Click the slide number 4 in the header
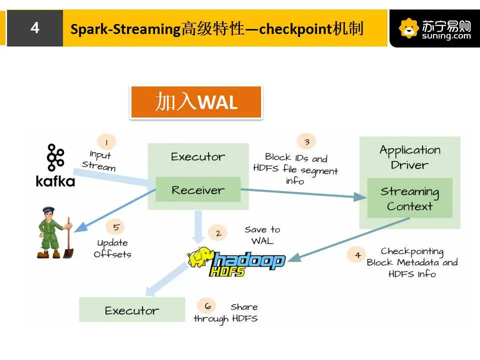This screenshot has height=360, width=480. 35,28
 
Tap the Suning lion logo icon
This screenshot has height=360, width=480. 408,28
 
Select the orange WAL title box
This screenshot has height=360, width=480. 196,102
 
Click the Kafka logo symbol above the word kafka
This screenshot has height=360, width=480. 55,157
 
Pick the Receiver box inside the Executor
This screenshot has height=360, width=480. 198,189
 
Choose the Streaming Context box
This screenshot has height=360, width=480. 409,198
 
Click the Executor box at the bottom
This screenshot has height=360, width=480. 132,309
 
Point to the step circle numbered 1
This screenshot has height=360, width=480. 106,142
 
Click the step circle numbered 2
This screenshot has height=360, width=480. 217,233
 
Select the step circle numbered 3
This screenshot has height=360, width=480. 306,141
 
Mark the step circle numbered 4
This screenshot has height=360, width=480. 357,254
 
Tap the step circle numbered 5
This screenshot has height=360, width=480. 115,227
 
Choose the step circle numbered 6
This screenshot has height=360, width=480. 207,305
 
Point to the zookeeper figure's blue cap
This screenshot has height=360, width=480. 48,210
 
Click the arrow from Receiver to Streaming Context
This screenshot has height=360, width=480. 303,193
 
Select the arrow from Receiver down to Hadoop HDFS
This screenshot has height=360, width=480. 198,227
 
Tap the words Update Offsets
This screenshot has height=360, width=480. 112,248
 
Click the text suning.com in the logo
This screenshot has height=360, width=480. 446,36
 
